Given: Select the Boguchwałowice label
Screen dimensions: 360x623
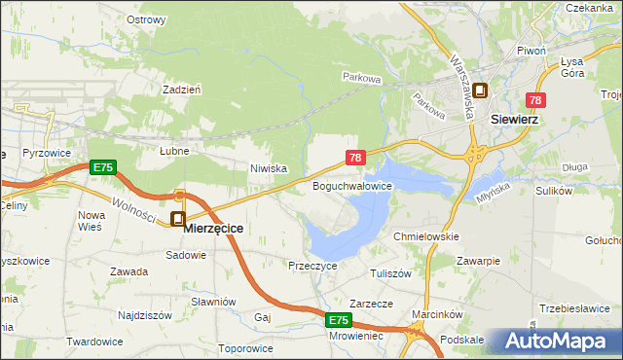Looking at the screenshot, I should point(351,185).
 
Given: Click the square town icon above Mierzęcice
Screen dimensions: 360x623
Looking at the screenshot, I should point(178,219).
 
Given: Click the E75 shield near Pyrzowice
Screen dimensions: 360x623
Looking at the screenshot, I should point(102,167).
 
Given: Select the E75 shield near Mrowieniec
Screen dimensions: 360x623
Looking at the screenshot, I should point(338,319).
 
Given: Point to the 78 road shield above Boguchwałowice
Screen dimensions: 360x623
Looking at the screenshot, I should point(355,157).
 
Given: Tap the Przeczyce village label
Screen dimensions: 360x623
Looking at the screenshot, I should point(312,265).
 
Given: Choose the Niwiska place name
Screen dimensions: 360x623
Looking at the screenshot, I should point(268,168).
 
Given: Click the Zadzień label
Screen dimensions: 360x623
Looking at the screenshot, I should point(182,89).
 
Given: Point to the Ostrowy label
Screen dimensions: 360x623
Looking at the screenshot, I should point(145,18).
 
